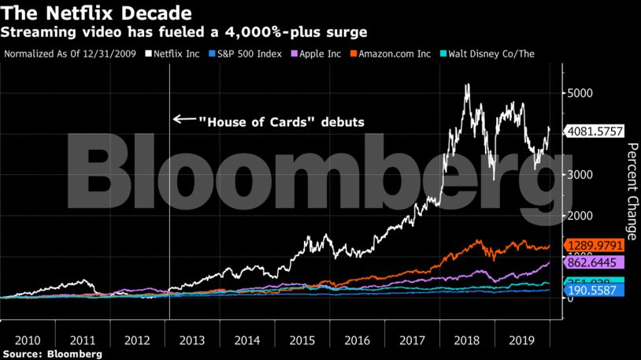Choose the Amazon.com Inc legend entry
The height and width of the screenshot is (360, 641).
tap(391, 54)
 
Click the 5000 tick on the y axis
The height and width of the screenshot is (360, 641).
tap(581, 93)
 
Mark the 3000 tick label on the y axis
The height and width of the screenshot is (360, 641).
tap(581, 175)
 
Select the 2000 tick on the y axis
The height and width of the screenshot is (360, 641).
tap(581, 216)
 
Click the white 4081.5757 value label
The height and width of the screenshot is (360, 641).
tap(595, 132)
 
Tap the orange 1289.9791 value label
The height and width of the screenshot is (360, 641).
tap(595, 246)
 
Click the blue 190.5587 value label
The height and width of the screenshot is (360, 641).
tap(595, 291)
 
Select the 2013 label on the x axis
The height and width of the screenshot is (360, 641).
tap(192, 340)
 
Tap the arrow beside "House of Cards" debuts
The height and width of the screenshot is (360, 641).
tap(183, 120)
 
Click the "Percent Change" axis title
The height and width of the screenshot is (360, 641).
tap(630, 189)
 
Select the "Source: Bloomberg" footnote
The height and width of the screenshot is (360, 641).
tap(51, 354)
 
